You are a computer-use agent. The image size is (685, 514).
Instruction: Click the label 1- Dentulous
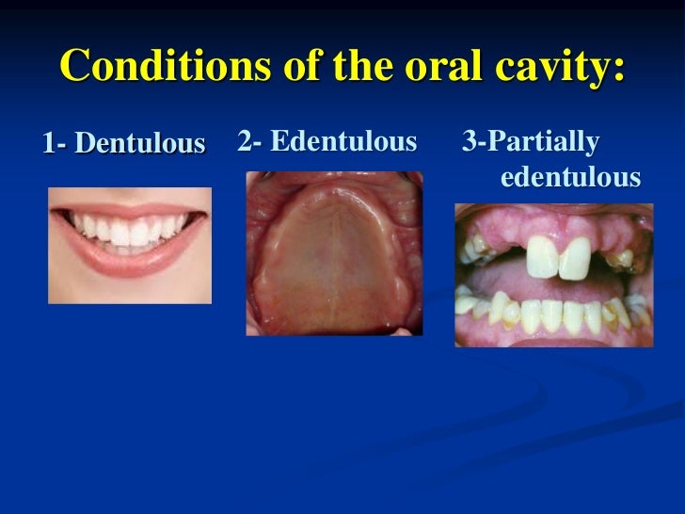pyautogui.click(x=123, y=144)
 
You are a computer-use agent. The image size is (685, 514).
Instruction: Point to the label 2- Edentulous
pyautogui.click(x=327, y=142)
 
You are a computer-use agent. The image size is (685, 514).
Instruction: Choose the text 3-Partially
pyautogui.click(x=530, y=142)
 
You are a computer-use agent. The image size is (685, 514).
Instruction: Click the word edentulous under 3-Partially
pyautogui.click(x=570, y=177)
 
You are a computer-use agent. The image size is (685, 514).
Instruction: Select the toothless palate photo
pyautogui.click(x=334, y=252)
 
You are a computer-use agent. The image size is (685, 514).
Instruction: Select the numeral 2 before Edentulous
pyautogui.click(x=245, y=142)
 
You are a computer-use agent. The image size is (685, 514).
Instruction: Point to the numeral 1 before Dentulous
pyautogui.click(x=48, y=144)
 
